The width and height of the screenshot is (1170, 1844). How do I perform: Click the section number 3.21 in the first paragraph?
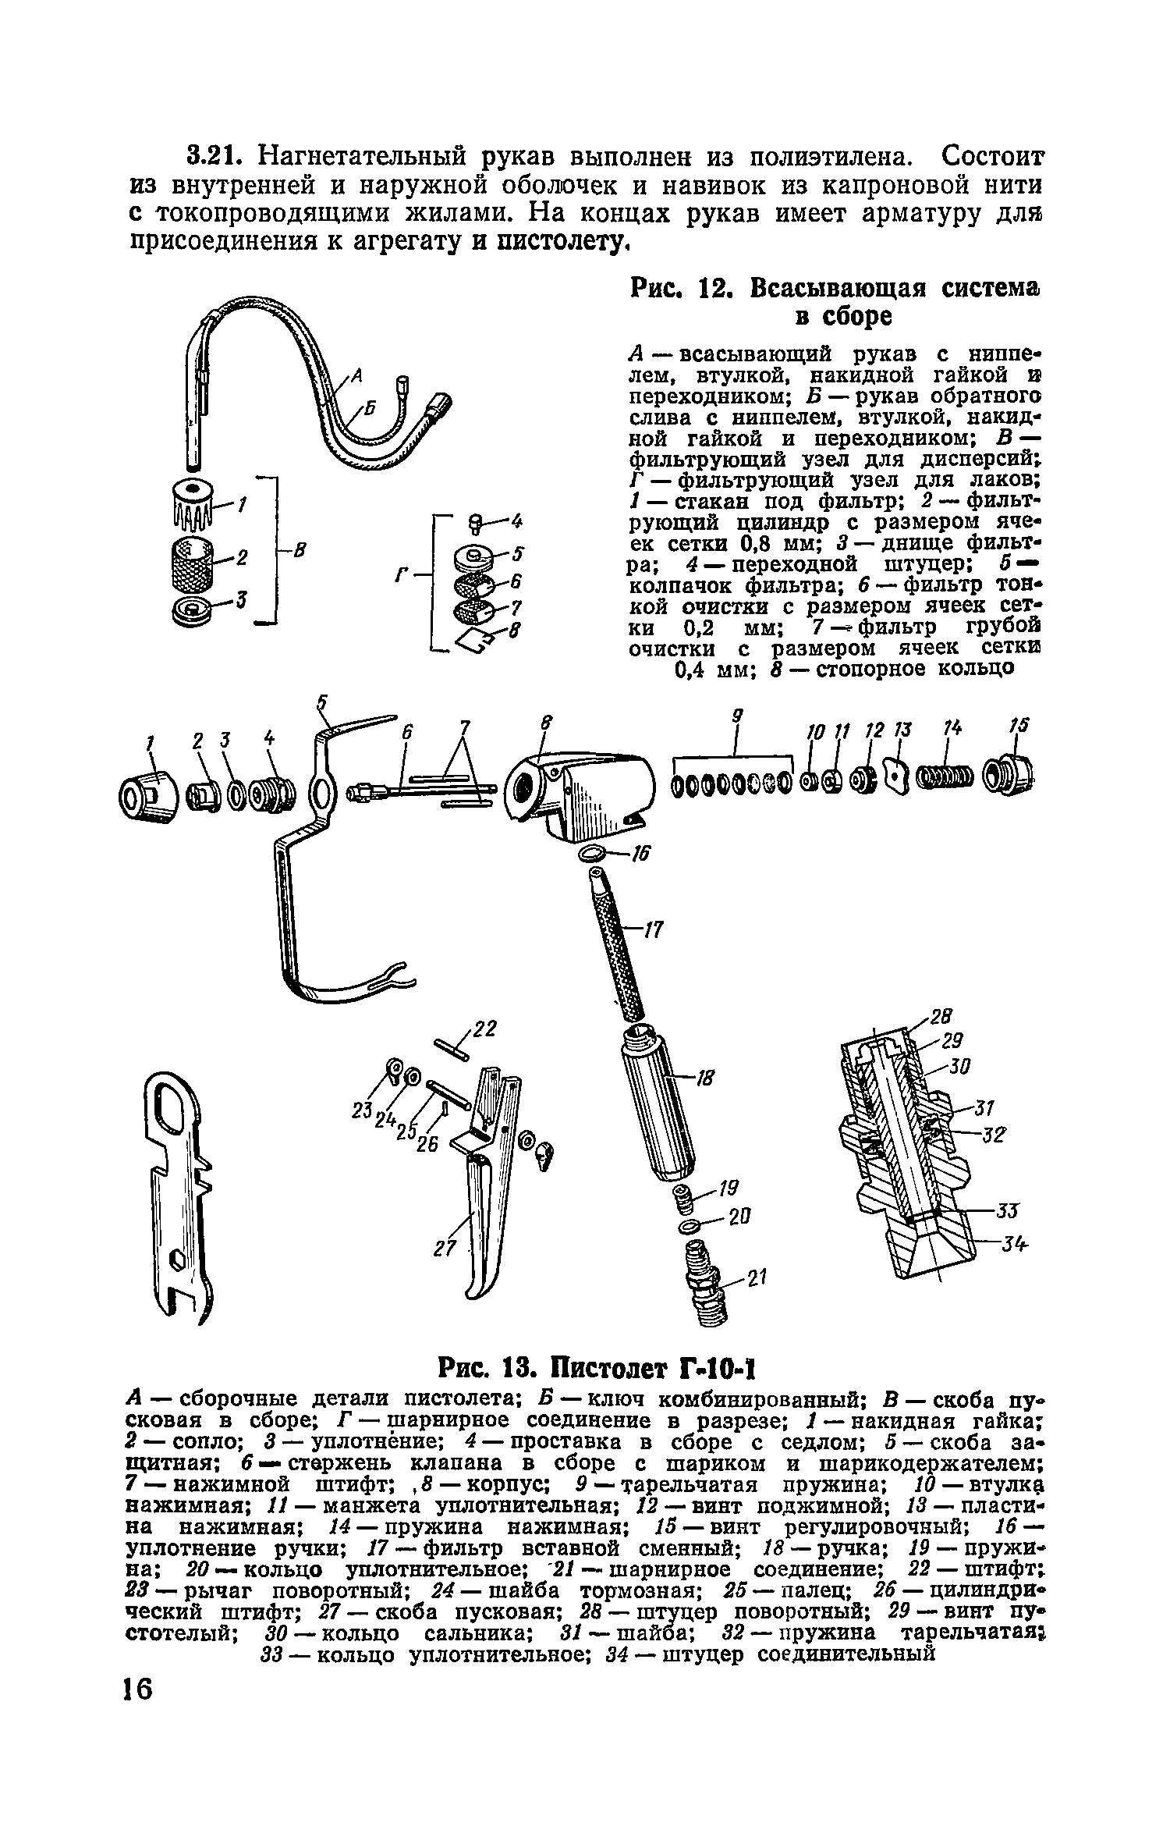pos(214,157)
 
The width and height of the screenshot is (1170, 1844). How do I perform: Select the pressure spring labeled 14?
pos(945,777)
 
